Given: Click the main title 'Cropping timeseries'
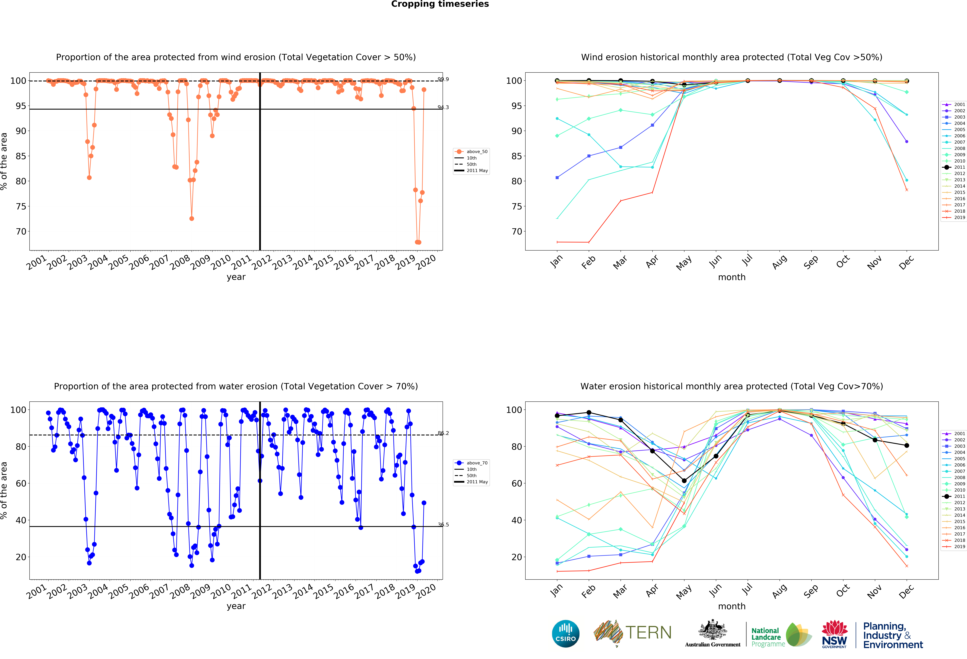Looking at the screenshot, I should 440,4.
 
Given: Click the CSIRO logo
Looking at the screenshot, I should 565,634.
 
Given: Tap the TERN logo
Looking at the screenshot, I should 632,633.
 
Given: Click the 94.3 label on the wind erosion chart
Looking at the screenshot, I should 443,107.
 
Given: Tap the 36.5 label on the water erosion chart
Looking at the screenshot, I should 443,525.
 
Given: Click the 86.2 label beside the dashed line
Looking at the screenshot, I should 443,433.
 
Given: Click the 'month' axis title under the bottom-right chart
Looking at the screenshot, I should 731,606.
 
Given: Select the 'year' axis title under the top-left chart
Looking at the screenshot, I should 236,277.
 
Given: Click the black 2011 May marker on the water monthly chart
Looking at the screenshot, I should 684,481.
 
